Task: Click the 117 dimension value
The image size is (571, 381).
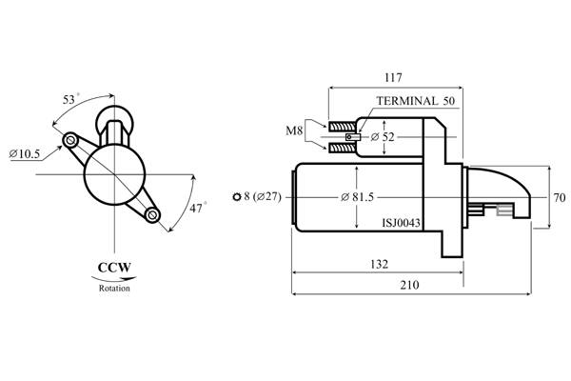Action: click(x=393, y=78)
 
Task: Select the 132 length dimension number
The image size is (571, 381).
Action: click(x=379, y=265)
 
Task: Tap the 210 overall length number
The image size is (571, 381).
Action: click(x=409, y=285)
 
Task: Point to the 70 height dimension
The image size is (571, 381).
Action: click(x=560, y=197)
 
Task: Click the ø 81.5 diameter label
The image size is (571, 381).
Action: click(x=357, y=197)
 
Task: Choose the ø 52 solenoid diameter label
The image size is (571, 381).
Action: click(x=383, y=137)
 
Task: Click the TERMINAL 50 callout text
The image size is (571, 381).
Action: click(x=416, y=101)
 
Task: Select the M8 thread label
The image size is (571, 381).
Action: click(x=294, y=130)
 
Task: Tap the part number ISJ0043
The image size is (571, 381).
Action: click(x=401, y=222)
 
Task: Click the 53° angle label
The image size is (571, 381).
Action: click(x=69, y=99)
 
